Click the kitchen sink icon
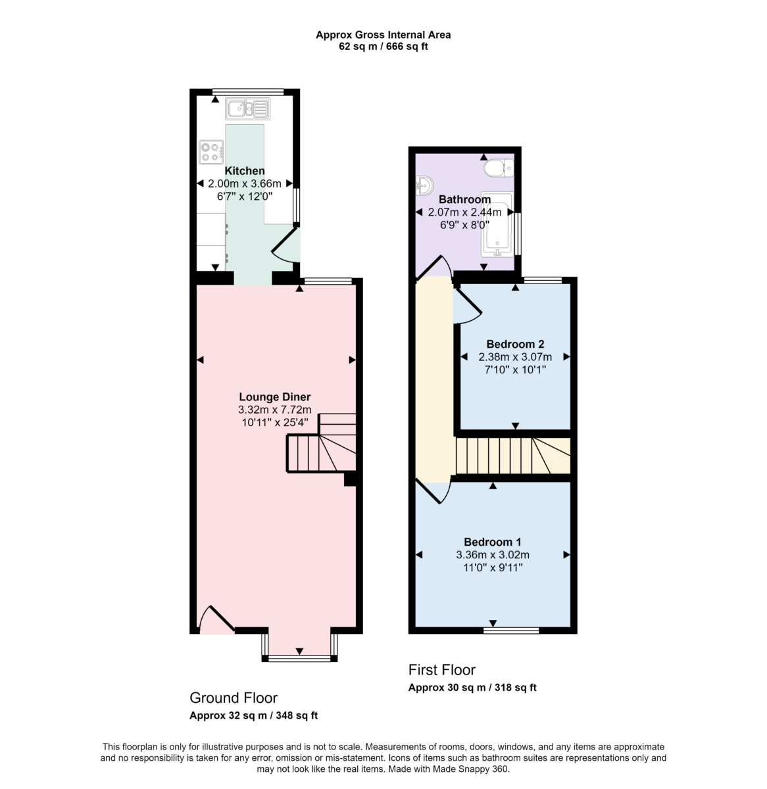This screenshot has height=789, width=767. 248,108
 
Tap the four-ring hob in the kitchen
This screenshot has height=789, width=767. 211,152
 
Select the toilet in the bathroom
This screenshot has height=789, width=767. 499,168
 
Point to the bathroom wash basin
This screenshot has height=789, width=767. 424,185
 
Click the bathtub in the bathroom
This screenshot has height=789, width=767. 497,225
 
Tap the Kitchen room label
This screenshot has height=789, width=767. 245,171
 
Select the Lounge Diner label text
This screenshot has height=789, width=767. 274,396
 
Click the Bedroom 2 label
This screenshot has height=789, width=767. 514,344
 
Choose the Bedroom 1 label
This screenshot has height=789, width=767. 493,542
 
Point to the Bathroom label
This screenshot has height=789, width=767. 465,199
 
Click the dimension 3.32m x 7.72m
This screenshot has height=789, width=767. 274,410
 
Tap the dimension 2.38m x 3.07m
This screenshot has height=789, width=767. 514,357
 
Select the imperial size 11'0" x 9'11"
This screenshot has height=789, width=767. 493,567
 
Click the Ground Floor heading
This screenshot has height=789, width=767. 234,698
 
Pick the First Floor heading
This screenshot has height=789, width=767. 441,670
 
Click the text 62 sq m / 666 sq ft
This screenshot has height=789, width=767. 383,46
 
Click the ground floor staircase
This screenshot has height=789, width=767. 321,442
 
